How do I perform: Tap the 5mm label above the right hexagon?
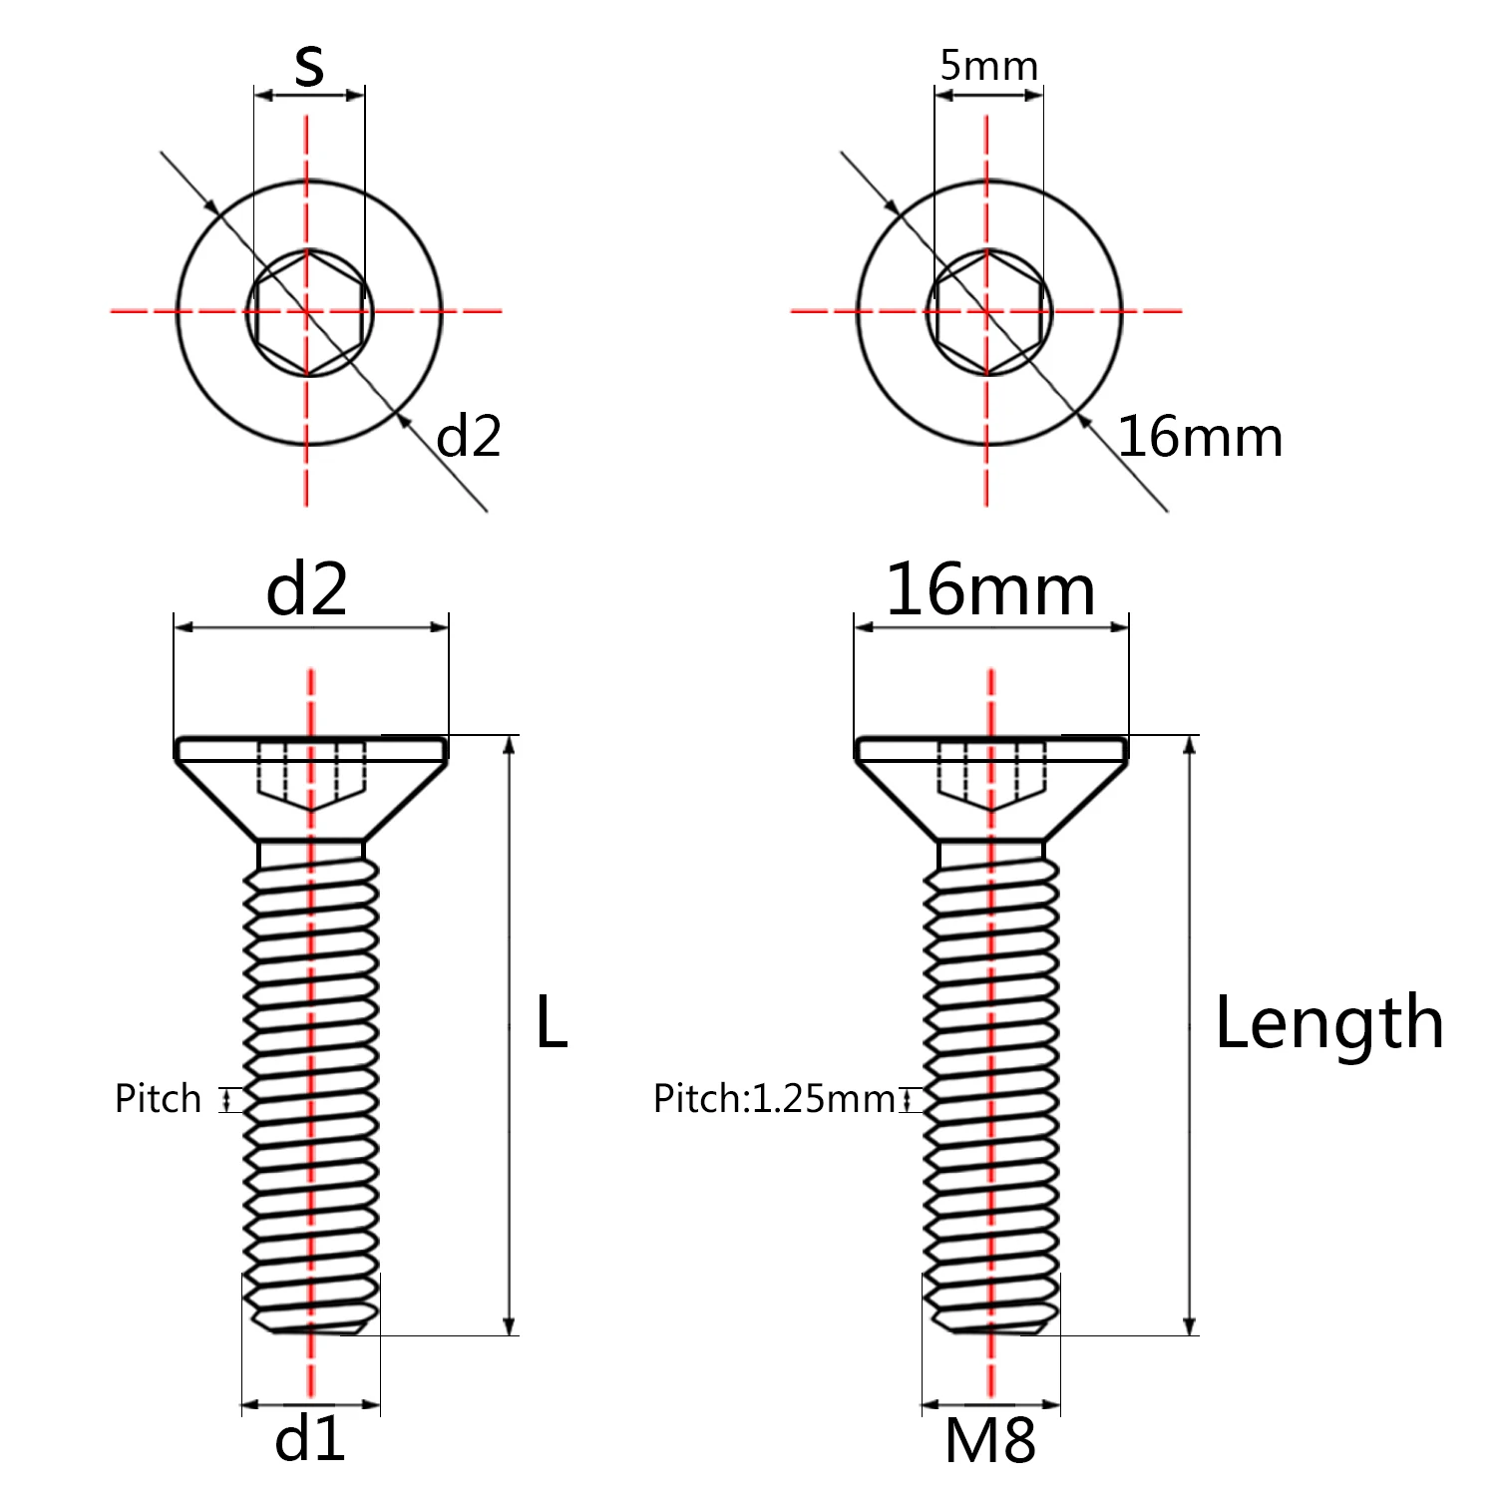988,66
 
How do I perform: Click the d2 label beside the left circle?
469,437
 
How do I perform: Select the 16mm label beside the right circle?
1200,437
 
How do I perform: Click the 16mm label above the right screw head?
990,589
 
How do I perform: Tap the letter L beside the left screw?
551,1022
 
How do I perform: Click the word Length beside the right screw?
1328,1024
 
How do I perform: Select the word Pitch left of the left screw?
158,1098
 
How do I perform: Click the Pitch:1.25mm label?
774,1098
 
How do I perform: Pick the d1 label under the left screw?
310,1439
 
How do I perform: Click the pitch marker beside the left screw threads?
230,1099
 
